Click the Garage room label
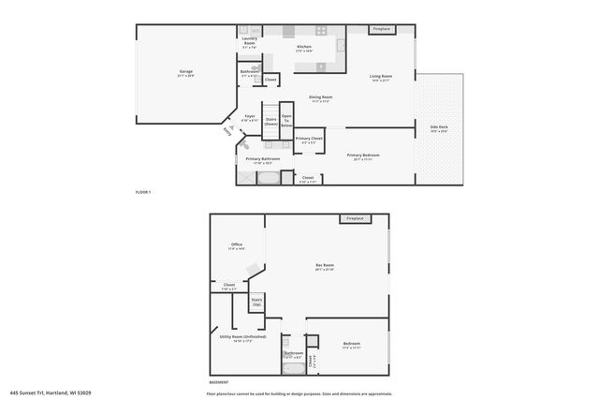coord(185,73)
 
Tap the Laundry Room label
coord(250,41)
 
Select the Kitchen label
coord(304,48)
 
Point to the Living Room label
coord(380,78)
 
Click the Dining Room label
coord(321,98)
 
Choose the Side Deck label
coord(439,128)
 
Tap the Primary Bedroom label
coord(363,156)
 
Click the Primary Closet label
coord(309,140)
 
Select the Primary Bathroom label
coord(263,160)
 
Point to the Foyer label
coord(249,118)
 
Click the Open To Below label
coord(286,120)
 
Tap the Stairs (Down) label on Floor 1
coord(270,121)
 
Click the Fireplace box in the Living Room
coord(381,29)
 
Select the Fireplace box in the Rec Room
coord(355,218)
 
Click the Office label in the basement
coord(237,246)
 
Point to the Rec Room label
coord(325,268)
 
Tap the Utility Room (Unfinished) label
coord(242,337)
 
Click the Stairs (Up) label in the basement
coord(256,302)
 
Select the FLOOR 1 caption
coord(142,192)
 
